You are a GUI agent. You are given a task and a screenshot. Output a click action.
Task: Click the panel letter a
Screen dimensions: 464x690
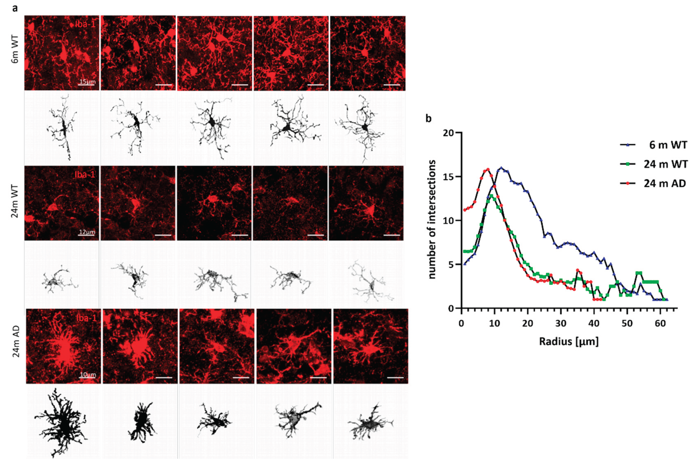(x=15, y=8)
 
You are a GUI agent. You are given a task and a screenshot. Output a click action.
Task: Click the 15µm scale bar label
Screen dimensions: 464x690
(x=86, y=81)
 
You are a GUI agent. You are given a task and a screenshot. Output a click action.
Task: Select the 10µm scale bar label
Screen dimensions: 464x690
(x=87, y=374)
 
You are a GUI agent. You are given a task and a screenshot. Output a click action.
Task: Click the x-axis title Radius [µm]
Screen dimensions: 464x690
(x=569, y=341)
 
